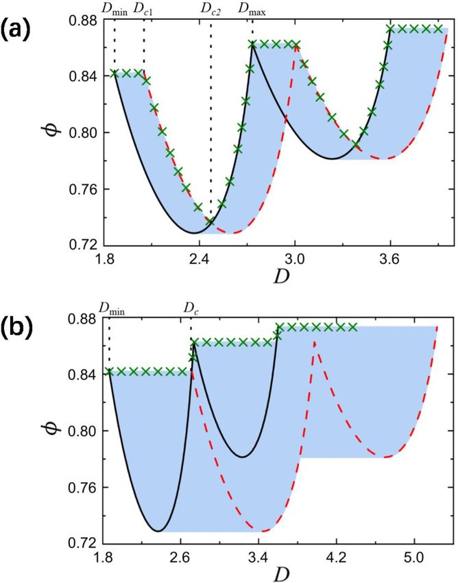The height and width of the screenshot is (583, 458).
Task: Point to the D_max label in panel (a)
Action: tap(252, 10)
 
